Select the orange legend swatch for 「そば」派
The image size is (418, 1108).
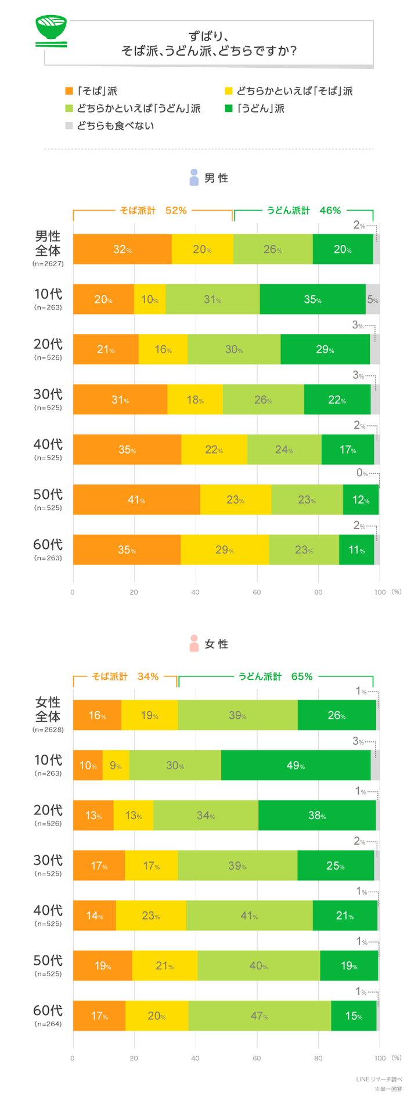tap(69, 91)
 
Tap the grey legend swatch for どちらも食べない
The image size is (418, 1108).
tap(69, 125)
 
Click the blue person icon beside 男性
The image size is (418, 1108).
tap(194, 178)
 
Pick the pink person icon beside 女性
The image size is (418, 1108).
tap(194, 643)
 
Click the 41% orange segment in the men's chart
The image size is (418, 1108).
tap(136, 499)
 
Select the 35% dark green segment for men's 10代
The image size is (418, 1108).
tap(312, 299)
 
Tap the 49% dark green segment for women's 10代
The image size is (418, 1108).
tap(296, 765)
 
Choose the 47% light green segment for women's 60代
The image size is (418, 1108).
tap(260, 1016)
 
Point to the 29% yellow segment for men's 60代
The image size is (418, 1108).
tap(225, 549)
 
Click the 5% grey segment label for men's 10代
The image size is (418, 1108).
tap(373, 300)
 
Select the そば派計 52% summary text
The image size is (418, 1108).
tap(153, 211)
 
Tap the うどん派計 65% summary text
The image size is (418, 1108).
tap(276, 676)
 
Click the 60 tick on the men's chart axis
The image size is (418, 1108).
tap(257, 592)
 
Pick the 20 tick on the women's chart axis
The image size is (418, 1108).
tap(134, 1058)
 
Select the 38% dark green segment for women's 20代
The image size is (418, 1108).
tap(317, 815)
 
